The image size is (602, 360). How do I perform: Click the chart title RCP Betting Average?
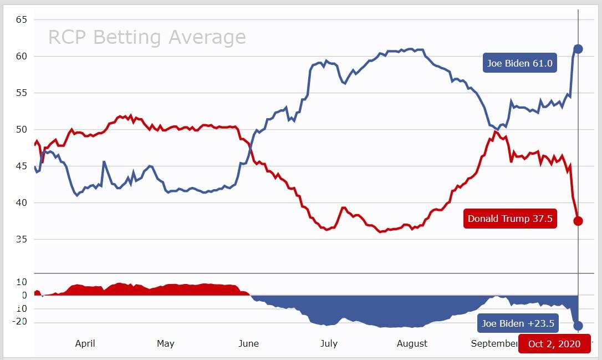pos(147,37)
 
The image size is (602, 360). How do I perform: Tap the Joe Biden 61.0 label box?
pos(519,63)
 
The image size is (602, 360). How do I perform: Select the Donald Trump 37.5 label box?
pos(510,219)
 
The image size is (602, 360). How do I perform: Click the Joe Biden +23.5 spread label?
pos(518,324)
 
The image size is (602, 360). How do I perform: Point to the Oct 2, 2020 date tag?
pos(554,344)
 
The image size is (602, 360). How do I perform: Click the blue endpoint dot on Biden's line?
pos(578,49)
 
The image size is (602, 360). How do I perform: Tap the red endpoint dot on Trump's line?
pos(578,221)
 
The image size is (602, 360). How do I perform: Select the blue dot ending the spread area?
pos(578,326)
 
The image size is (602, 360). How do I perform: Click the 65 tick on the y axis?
pos(22,19)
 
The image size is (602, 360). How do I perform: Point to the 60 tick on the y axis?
pos(22,56)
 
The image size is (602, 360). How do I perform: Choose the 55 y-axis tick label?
pos(22,93)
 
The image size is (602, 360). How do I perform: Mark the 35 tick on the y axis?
pos(22,239)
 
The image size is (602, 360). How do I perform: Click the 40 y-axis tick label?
pos(22,202)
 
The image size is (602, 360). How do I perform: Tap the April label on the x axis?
pos(85,343)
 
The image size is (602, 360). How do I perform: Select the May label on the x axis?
pos(165,343)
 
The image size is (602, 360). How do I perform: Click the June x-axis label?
pos(248,343)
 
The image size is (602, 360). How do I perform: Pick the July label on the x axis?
pos(329,343)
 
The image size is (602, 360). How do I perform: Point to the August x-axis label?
pos(412,343)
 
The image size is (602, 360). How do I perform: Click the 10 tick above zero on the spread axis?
pos(21,282)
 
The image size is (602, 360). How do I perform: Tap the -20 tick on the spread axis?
pos(20,322)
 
